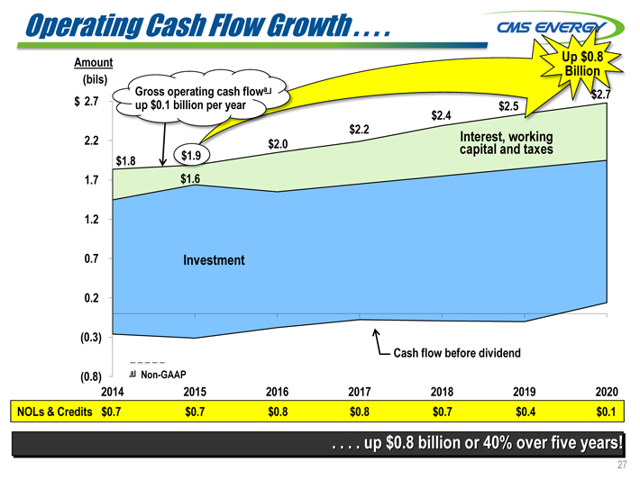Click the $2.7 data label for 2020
[x=601, y=95]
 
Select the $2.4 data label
[x=441, y=115]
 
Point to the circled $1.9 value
[x=189, y=156]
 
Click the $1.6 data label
[x=189, y=179]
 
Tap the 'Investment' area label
[x=214, y=259]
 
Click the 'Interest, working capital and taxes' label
[x=506, y=142]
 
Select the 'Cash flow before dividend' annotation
[x=456, y=352]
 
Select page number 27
[x=621, y=465]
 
